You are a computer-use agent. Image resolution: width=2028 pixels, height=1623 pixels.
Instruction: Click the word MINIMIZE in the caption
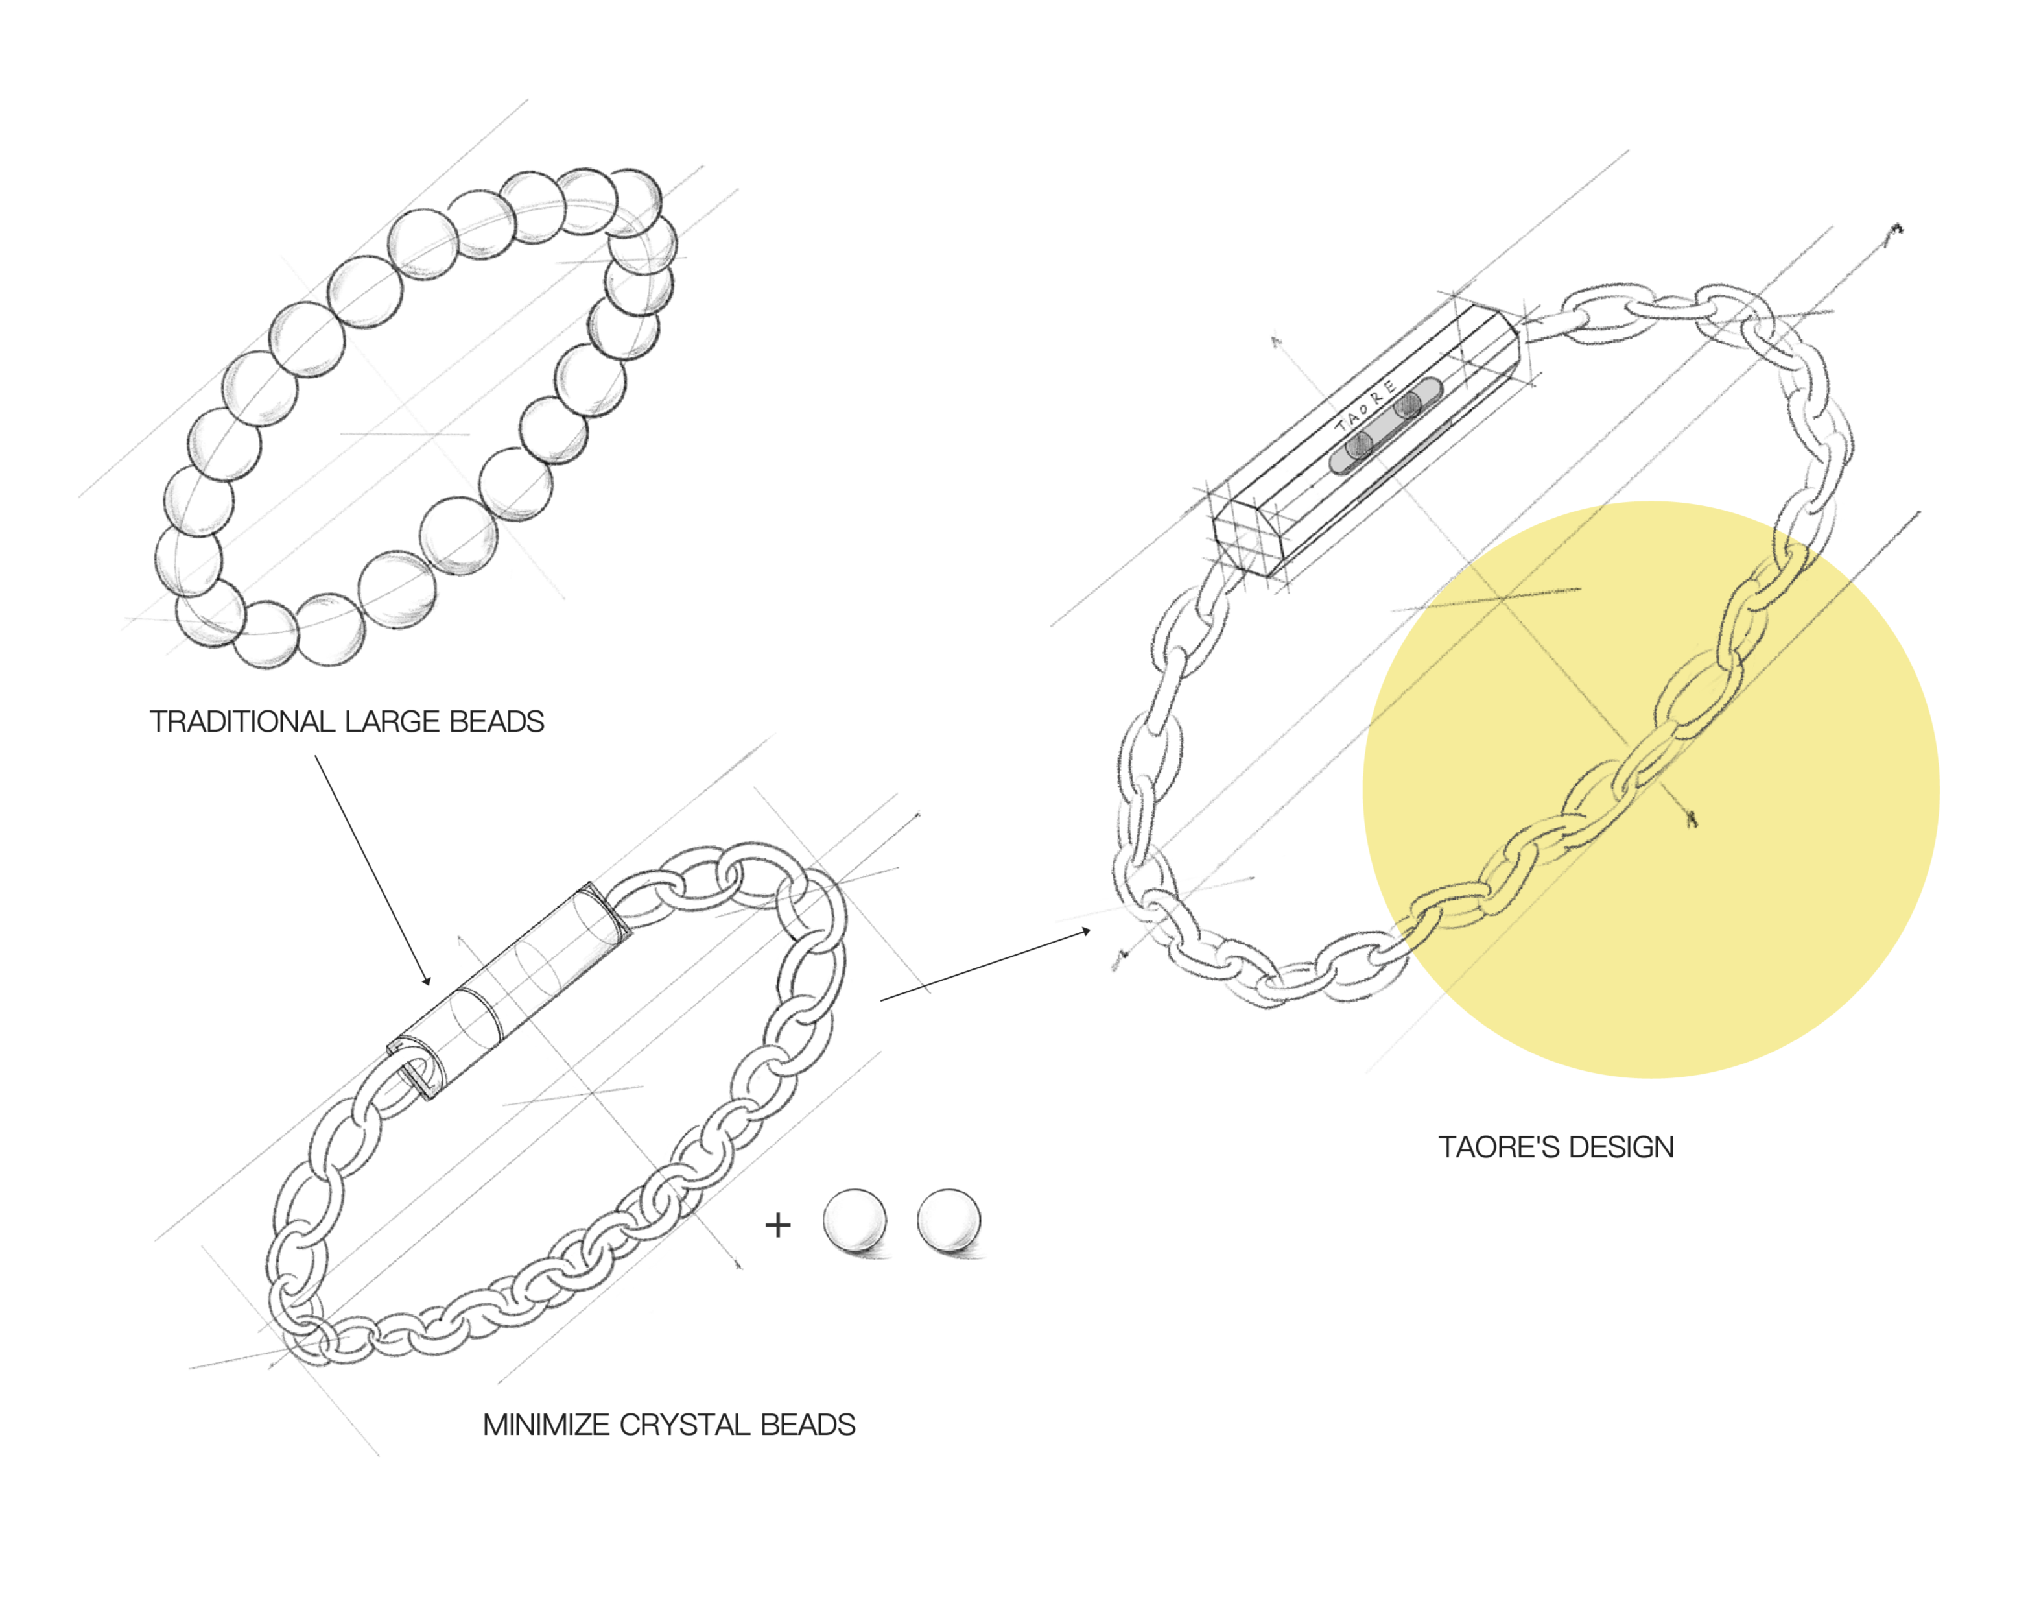(547, 1425)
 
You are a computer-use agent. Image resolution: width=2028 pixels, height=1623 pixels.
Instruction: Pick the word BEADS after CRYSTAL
(807, 1425)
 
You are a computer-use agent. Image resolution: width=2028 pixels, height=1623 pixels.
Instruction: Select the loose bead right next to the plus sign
(854, 1221)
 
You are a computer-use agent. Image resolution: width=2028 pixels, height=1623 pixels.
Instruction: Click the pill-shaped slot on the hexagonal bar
(1385, 426)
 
